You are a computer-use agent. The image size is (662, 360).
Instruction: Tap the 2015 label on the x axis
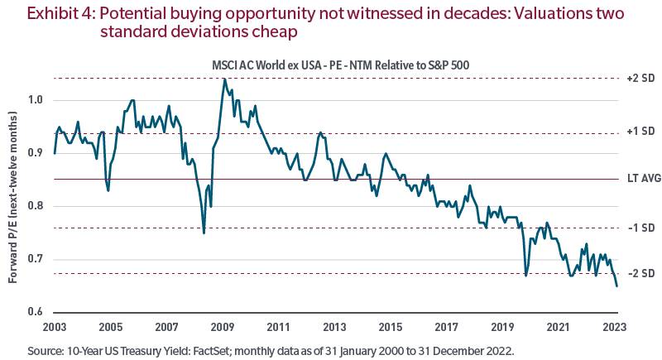(391, 326)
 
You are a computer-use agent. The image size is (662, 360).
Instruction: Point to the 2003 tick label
(55, 326)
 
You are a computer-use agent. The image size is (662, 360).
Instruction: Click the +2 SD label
(640, 79)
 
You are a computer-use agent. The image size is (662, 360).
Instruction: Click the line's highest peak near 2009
(223, 79)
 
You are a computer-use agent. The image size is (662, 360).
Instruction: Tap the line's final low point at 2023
(616, 286)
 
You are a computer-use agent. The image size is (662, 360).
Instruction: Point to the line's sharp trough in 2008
(204, 233)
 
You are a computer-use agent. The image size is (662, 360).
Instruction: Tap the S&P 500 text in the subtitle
(446, 66)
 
